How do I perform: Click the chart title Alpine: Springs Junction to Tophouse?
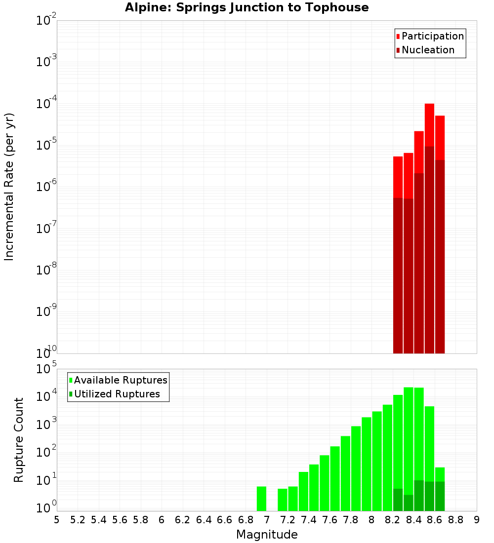[x=247, y=7]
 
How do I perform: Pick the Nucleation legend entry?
[x=428, y=50]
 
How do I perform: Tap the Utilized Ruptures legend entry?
[x=117, y=394]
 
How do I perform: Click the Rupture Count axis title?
[x=19, y=440]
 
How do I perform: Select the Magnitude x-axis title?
[x=267, y=535]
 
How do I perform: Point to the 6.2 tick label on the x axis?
[x=182, y=520]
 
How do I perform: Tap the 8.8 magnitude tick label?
[x=455, y=520]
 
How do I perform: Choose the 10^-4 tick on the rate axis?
[x=46, y=103]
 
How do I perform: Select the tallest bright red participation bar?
[x=429, y=123]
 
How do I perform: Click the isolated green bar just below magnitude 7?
[x=261, y=499]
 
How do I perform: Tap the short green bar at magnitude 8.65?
[x=440, y=474]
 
